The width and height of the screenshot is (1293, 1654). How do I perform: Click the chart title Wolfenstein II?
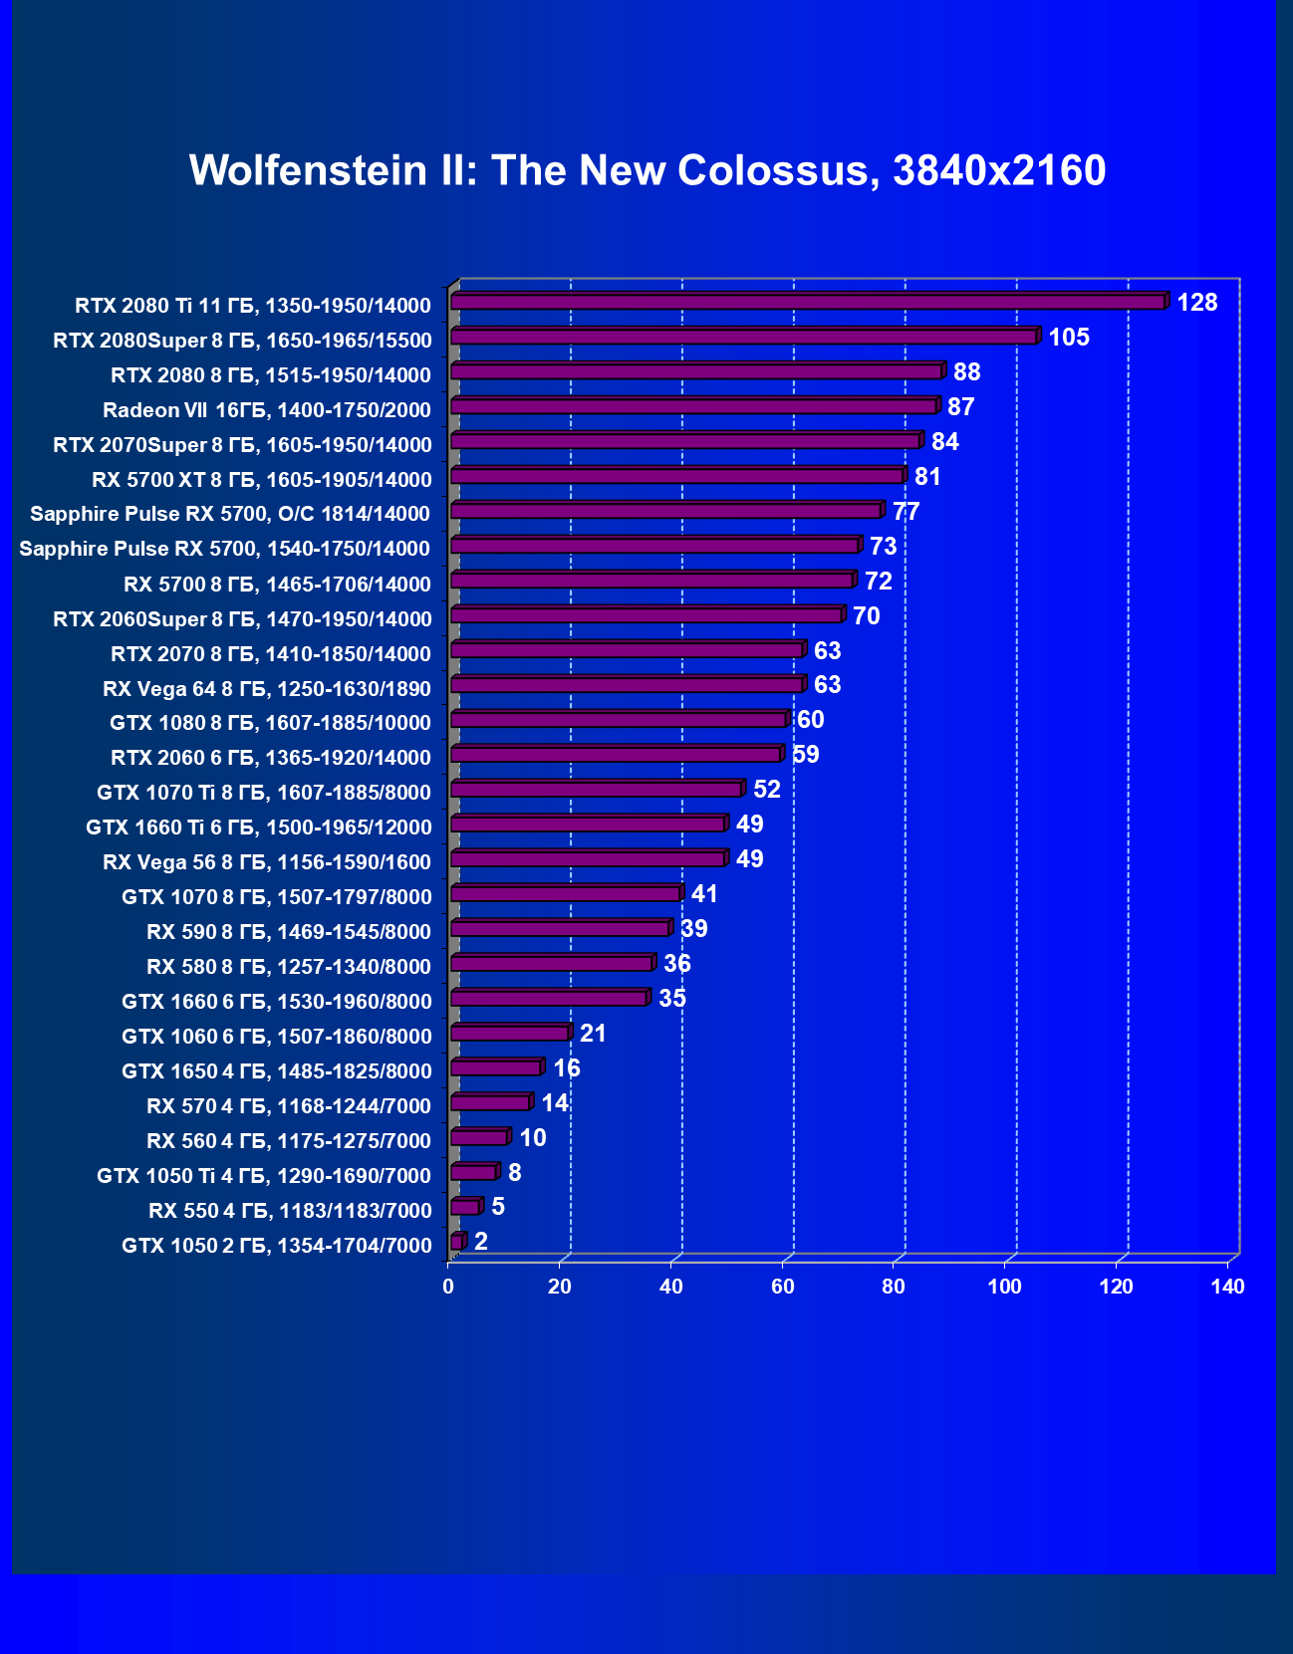pos(647,170)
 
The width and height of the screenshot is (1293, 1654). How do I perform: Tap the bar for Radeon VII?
pos(693,405)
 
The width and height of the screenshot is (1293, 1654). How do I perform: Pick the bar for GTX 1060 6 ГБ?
pos(509,1033)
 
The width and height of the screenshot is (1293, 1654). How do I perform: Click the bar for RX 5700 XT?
pos(677,475)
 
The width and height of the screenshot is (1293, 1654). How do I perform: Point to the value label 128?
pos(1196,302)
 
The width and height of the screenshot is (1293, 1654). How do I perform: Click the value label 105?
pos(1068,337)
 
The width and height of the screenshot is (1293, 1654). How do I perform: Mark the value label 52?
pos(766,789)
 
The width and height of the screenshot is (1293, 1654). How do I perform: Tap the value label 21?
pos(593,1033)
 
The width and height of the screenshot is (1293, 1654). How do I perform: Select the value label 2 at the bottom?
pos(481,1241)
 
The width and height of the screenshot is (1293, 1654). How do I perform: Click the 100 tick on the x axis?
pos(1004,1287)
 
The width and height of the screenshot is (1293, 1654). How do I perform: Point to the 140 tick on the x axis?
pos(1227,1287)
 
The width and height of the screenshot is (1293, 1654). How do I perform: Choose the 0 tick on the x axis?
pos(448,1287)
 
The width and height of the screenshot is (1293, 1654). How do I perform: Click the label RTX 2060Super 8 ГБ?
pos(242,618)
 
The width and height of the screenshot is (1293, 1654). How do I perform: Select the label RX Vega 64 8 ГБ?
pos(267,688)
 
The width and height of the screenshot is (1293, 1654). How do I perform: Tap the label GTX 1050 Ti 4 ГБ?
pos(264,1175)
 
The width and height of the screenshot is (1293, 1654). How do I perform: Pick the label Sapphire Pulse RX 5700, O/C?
pos(230,513)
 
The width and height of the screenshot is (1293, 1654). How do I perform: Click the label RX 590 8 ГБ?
pos(289,931)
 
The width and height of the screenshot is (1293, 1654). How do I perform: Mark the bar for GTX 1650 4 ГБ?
pos(495,1067)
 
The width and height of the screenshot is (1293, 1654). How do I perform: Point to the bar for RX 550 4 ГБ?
pos(465,1207)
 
